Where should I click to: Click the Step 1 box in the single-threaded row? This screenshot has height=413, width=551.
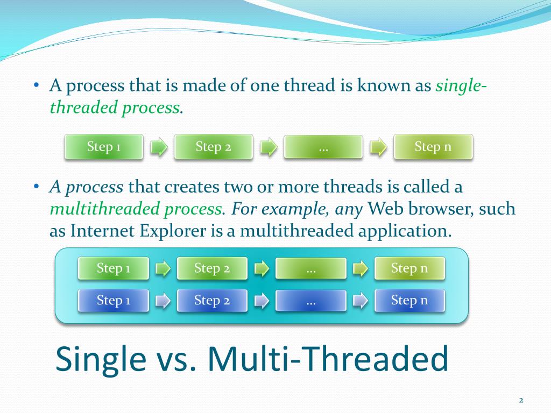(x=104, y=147)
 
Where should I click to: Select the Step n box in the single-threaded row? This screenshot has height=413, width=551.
(x=433, y=147)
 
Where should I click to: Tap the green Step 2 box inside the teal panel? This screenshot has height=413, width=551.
(x=212, y=268)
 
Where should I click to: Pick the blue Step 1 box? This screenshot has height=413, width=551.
(x=113, y=300)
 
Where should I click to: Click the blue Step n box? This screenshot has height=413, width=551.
(x=409, y=300)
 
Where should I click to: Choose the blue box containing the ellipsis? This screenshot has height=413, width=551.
(x=311, y=300)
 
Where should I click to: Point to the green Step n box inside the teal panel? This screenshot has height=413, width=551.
(x=409, y=268)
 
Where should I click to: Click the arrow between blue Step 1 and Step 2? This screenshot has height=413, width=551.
(x=163, y=301)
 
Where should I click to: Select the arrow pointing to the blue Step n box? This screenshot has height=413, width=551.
(x=360, y=301)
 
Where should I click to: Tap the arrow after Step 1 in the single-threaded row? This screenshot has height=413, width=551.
(x=159, y=147)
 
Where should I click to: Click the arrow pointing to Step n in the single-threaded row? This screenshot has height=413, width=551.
(x=378, y=147)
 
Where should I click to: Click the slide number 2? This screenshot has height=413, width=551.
(x=521, y=400)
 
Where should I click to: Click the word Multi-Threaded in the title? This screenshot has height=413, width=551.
(x=328, y=358)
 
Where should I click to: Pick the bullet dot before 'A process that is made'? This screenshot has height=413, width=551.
(x=36, y=86)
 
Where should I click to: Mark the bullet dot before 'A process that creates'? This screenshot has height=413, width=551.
(x=36, y=187)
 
